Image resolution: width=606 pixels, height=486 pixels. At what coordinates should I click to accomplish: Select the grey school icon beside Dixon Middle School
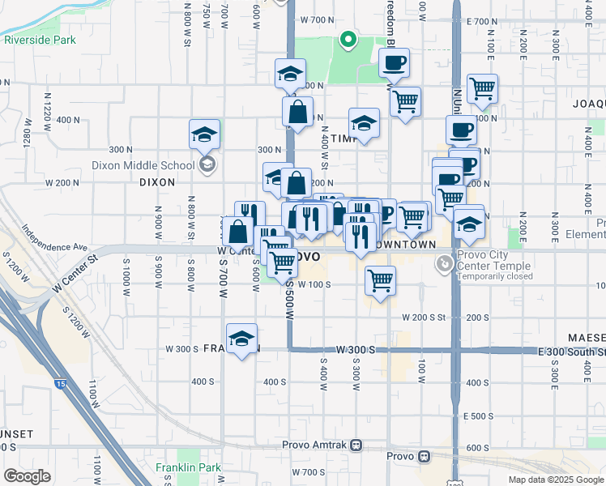click(207, 165)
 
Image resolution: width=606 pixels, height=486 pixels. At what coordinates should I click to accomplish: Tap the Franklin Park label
click(188, 467)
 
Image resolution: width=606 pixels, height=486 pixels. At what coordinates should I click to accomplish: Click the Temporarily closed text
click(494, 276)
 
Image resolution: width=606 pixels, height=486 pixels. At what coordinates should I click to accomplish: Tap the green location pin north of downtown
click(348, 38)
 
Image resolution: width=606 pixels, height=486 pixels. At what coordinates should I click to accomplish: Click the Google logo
click(27, 476)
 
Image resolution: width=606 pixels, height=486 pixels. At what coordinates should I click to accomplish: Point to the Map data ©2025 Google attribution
click(556, 480)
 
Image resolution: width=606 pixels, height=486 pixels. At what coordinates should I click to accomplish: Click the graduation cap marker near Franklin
click(241, 340)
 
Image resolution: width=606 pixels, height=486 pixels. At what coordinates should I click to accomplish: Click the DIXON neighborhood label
click(157, 182)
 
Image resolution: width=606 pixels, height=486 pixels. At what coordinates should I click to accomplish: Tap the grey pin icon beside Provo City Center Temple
click(444, 263)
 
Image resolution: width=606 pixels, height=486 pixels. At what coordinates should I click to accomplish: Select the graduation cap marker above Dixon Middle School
click(205, 134)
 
